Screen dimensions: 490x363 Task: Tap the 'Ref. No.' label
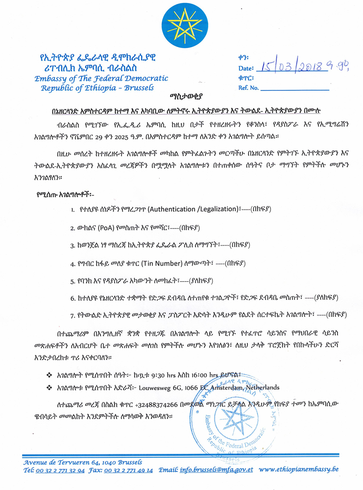(x=248, y=88)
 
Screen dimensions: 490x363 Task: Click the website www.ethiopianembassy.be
(x=299, y=470)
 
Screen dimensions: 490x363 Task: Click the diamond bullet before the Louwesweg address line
(x=48, y=387)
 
